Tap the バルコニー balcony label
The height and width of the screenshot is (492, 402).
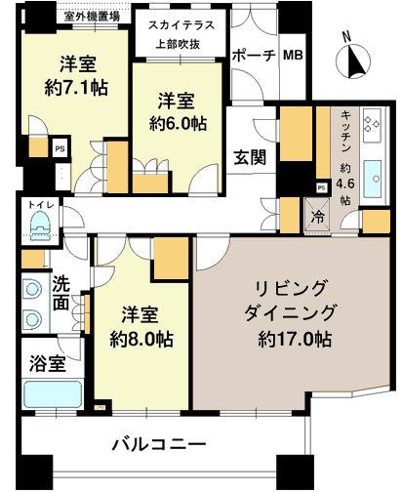pyautogui.click(x=157, y=444)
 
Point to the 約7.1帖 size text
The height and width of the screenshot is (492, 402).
pyautogui.click(x=75, y=87)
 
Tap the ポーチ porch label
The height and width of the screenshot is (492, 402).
pyautogui.click(x=253, y=56)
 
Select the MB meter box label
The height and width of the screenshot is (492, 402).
pyautogui.click(x=293, y=56)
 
